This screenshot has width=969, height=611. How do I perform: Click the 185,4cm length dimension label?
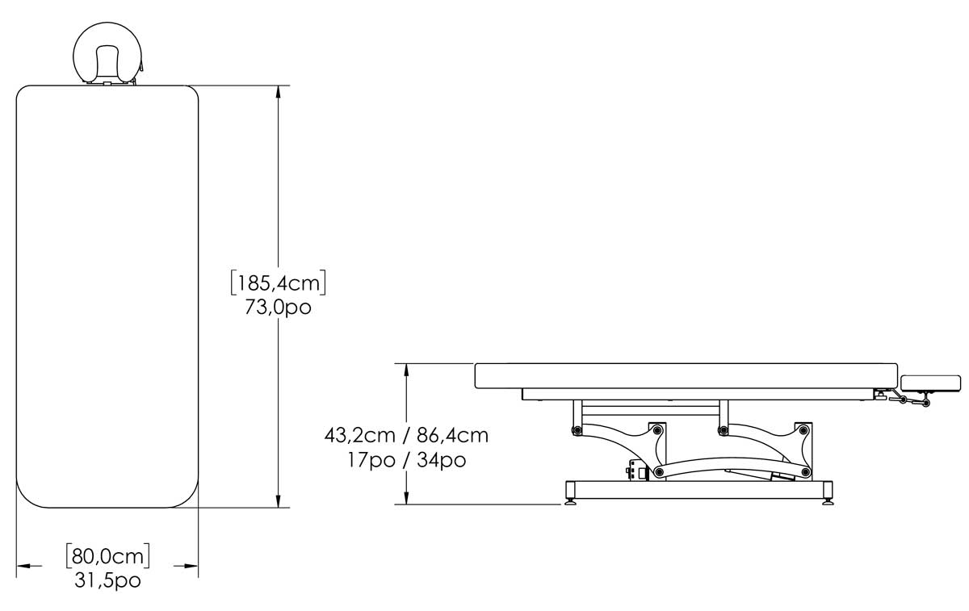click(278, 283)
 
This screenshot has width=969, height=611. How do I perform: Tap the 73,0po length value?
click(278, 308)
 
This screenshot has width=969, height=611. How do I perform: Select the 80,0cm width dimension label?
click(107, 556)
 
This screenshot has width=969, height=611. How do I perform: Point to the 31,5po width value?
click(107, 580)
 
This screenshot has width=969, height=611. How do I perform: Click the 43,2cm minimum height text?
click(360, 435)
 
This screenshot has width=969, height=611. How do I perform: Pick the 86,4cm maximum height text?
click(453, 435)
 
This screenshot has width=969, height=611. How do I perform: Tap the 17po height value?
click(371, 459)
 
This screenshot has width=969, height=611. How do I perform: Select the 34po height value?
click(442, 459)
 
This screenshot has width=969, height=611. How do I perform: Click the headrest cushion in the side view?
click(931, 383)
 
